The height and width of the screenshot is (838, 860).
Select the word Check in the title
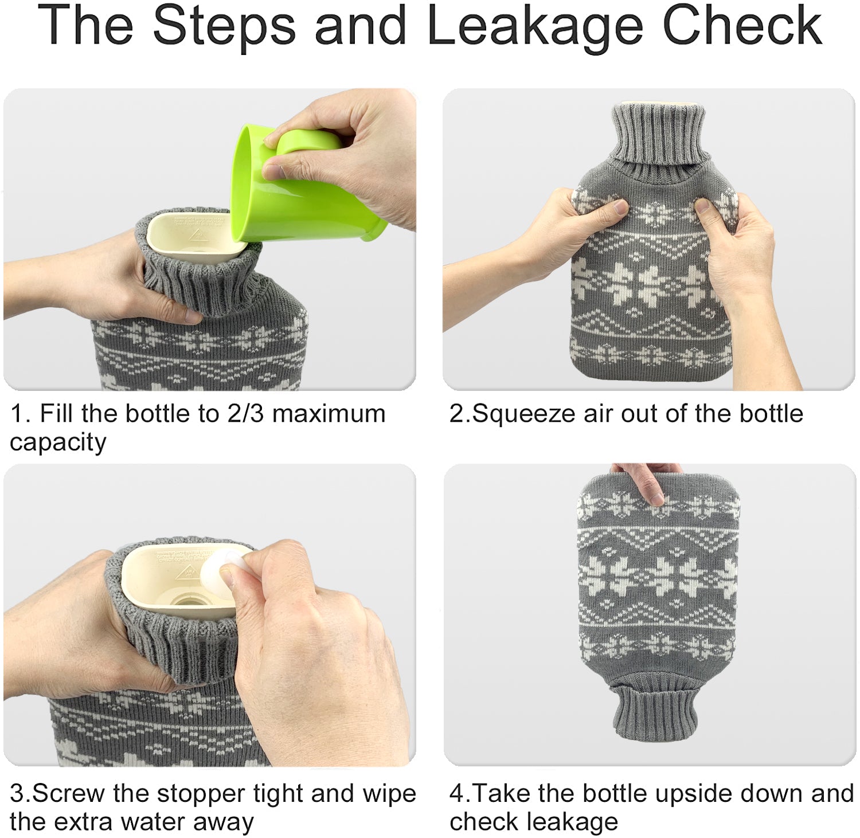743,26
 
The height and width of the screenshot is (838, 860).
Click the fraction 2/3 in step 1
245,414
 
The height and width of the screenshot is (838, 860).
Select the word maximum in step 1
329,414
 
